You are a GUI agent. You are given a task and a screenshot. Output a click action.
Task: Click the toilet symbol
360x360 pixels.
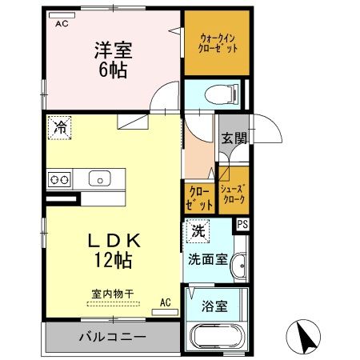(222, 94)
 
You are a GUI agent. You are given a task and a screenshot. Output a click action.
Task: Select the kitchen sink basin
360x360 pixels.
(100, 178)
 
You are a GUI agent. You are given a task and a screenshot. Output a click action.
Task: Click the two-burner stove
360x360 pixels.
(59, 179)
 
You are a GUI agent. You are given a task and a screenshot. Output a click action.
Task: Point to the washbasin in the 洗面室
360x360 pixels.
(240, 266)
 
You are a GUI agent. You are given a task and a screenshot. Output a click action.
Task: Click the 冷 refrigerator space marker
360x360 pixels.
(60, 128)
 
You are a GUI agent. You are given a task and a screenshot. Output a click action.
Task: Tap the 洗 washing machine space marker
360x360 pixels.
(198, 231)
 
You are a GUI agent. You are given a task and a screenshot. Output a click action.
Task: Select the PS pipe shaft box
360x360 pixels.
(242, 225)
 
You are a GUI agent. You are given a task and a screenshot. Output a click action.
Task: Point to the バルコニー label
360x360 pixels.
(113, 337)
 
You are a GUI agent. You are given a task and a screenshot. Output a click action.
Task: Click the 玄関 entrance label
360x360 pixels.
(234, 138)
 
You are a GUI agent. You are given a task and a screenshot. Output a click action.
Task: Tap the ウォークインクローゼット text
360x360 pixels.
(218, 43)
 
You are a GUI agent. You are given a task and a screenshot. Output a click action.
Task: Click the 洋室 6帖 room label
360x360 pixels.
(113, 60)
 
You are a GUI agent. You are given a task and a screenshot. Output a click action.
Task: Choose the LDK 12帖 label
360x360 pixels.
(114, 250)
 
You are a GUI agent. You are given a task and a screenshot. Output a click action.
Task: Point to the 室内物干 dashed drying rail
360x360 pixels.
(113, 304)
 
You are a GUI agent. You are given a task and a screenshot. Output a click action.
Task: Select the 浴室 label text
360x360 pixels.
(214, 306)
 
